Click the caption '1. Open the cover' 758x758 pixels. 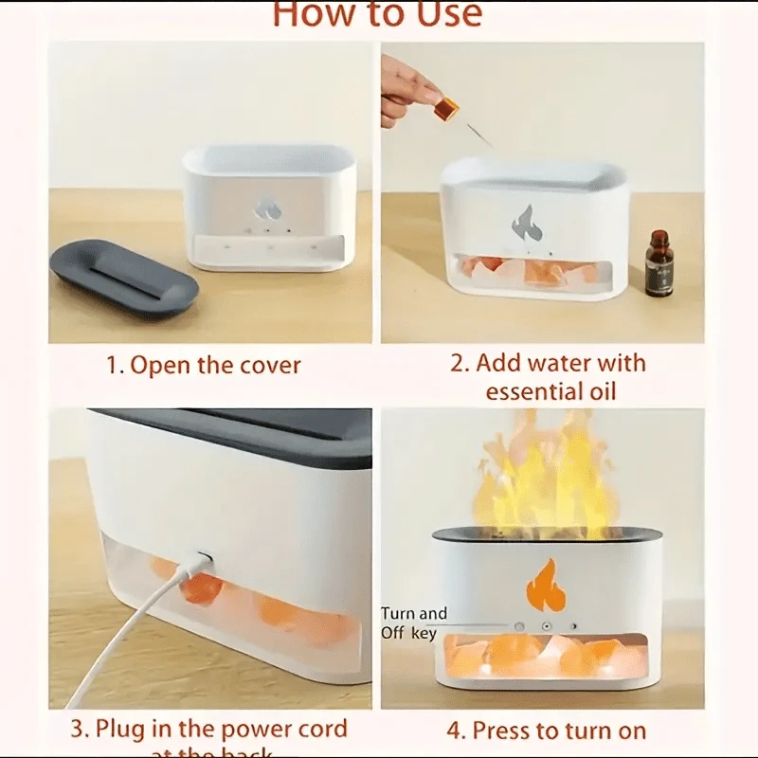(x=203, y=366)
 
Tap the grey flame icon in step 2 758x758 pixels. (x=524, y=223)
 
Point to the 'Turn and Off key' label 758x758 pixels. (x=414, y=623)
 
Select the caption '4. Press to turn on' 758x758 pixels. (x=547, y=731)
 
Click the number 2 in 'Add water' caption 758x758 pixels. (x=459, y=364)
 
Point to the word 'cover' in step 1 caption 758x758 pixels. (x=269, y=366)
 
